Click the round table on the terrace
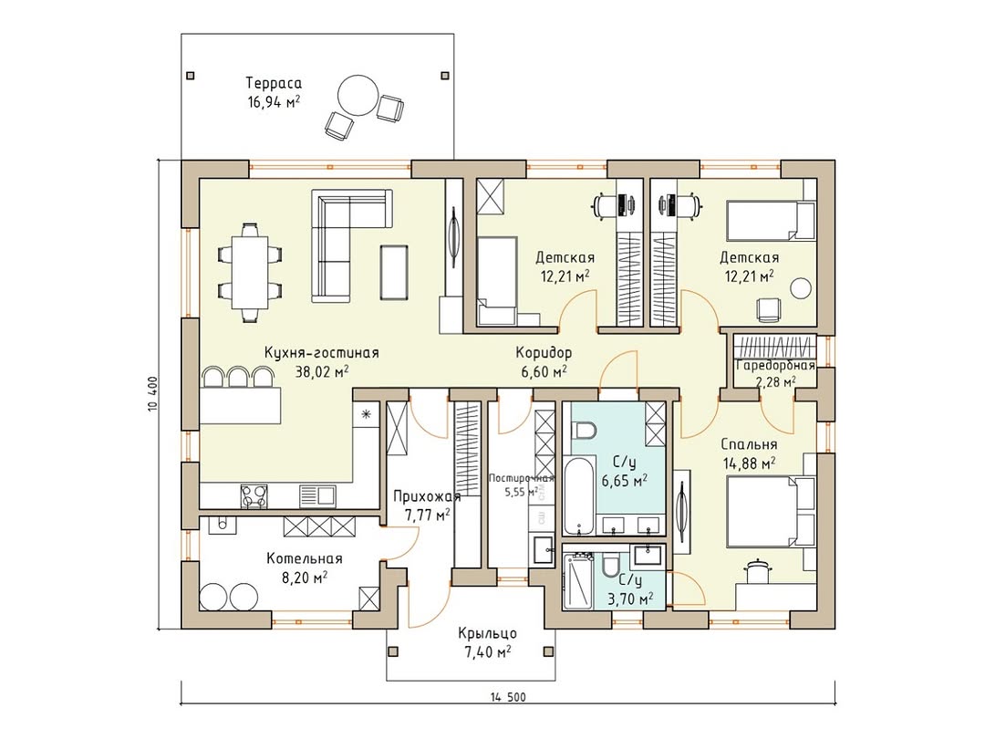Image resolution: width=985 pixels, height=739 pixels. [358, 95]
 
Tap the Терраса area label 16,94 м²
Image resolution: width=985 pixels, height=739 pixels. [274, 102]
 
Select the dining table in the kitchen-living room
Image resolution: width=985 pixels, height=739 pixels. [249, 272]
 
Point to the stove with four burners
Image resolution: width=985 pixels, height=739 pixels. [254, 495]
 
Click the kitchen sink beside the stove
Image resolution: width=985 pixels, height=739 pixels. [317, 495]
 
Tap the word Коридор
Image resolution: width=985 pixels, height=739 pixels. [544, 352]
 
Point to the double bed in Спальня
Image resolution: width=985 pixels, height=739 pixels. [770, 511]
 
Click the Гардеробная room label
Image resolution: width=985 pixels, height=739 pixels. [775, 365]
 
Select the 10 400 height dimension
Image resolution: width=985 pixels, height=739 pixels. [152, 394]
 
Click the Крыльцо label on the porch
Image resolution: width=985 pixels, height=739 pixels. [487, 633]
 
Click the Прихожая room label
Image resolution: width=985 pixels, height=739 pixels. [427, 496]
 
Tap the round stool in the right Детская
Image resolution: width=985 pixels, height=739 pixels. [801, 288]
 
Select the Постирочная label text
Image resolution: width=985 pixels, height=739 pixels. [521, 477]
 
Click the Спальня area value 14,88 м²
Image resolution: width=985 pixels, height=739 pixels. [748, 463]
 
